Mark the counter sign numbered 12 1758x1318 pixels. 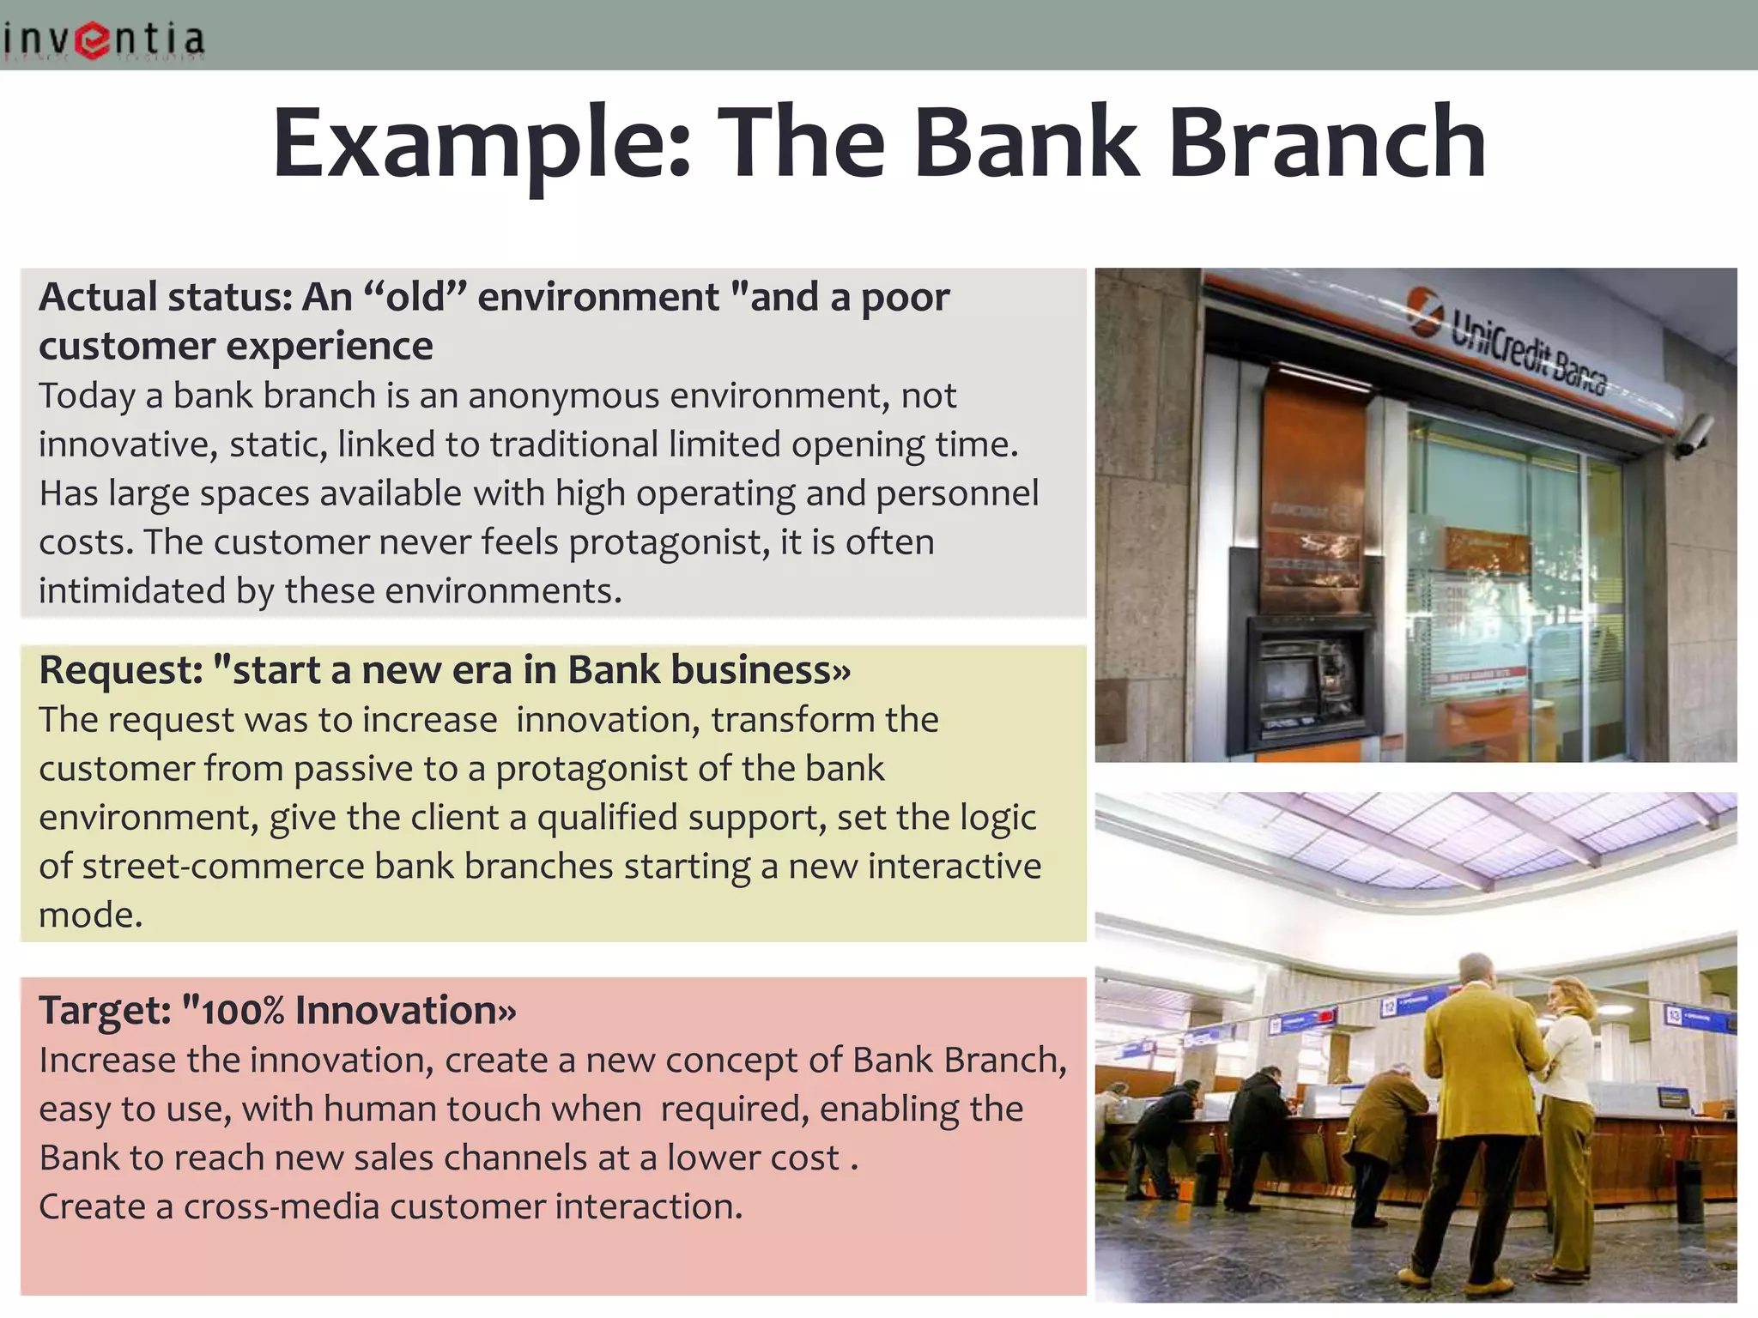[1389, 1006]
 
